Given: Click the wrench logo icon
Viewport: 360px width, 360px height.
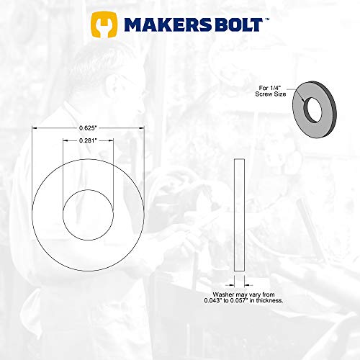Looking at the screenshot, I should tap(105, 26).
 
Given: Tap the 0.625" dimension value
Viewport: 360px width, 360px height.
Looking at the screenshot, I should tap(88, 127).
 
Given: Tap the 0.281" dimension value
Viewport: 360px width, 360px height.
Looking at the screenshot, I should tap(88, 141).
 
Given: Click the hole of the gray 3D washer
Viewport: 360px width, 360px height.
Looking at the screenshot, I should tap(313, 109).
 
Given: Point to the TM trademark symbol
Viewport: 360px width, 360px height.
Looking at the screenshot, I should tap(267, 19).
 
